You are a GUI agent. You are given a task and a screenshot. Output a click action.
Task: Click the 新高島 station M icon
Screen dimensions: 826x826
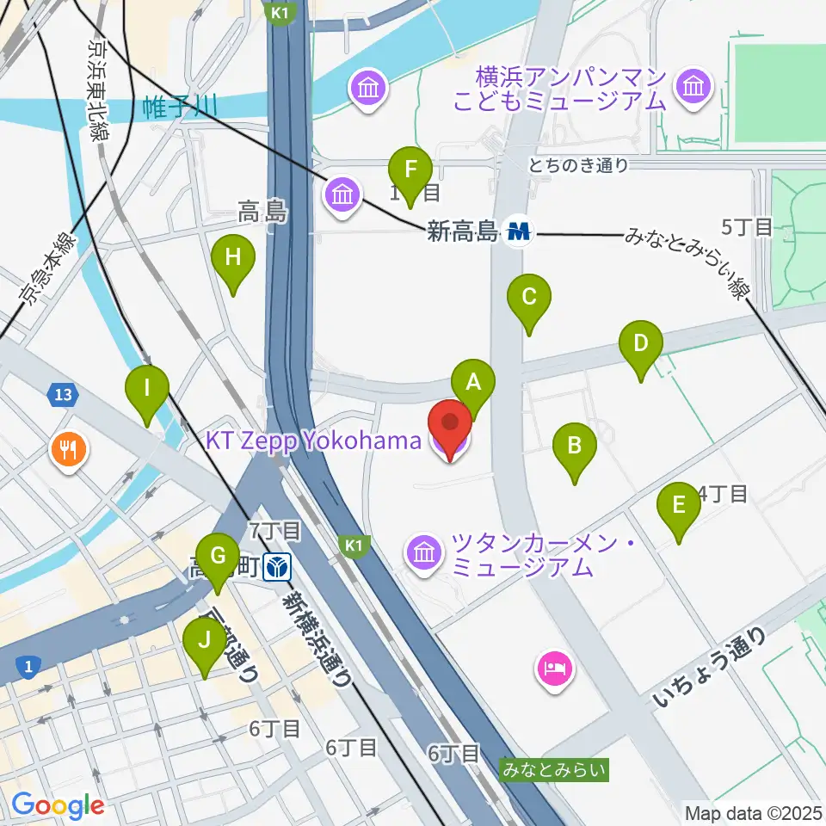point(519,231)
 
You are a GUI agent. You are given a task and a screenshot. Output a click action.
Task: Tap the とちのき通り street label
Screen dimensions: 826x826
point(579,166)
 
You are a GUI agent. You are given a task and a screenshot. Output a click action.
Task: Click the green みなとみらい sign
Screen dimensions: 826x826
point(555,768)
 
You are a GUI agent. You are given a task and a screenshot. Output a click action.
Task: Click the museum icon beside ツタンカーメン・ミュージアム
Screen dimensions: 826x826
point(424,552)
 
